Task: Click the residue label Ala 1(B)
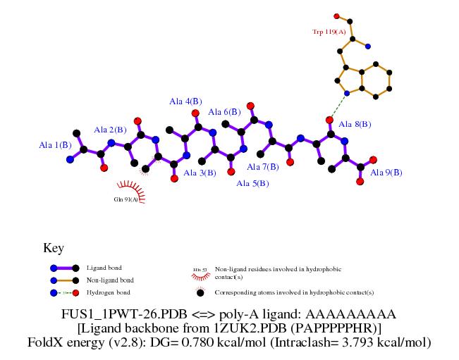point(55,145)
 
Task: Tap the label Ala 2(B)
point(110,130)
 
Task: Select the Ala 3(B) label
point(200,173)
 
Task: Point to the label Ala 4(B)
point(185,101)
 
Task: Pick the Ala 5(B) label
point(252,184)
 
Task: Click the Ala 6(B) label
point(224,112)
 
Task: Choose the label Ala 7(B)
point(263,167)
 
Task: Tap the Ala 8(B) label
point(355,125)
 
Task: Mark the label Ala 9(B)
point(386,172)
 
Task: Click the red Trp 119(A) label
point(329,32)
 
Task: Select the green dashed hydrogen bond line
point(338,106)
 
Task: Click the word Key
point(54,248)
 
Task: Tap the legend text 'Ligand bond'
point(104,268)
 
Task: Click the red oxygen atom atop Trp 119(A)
point(337,15)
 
